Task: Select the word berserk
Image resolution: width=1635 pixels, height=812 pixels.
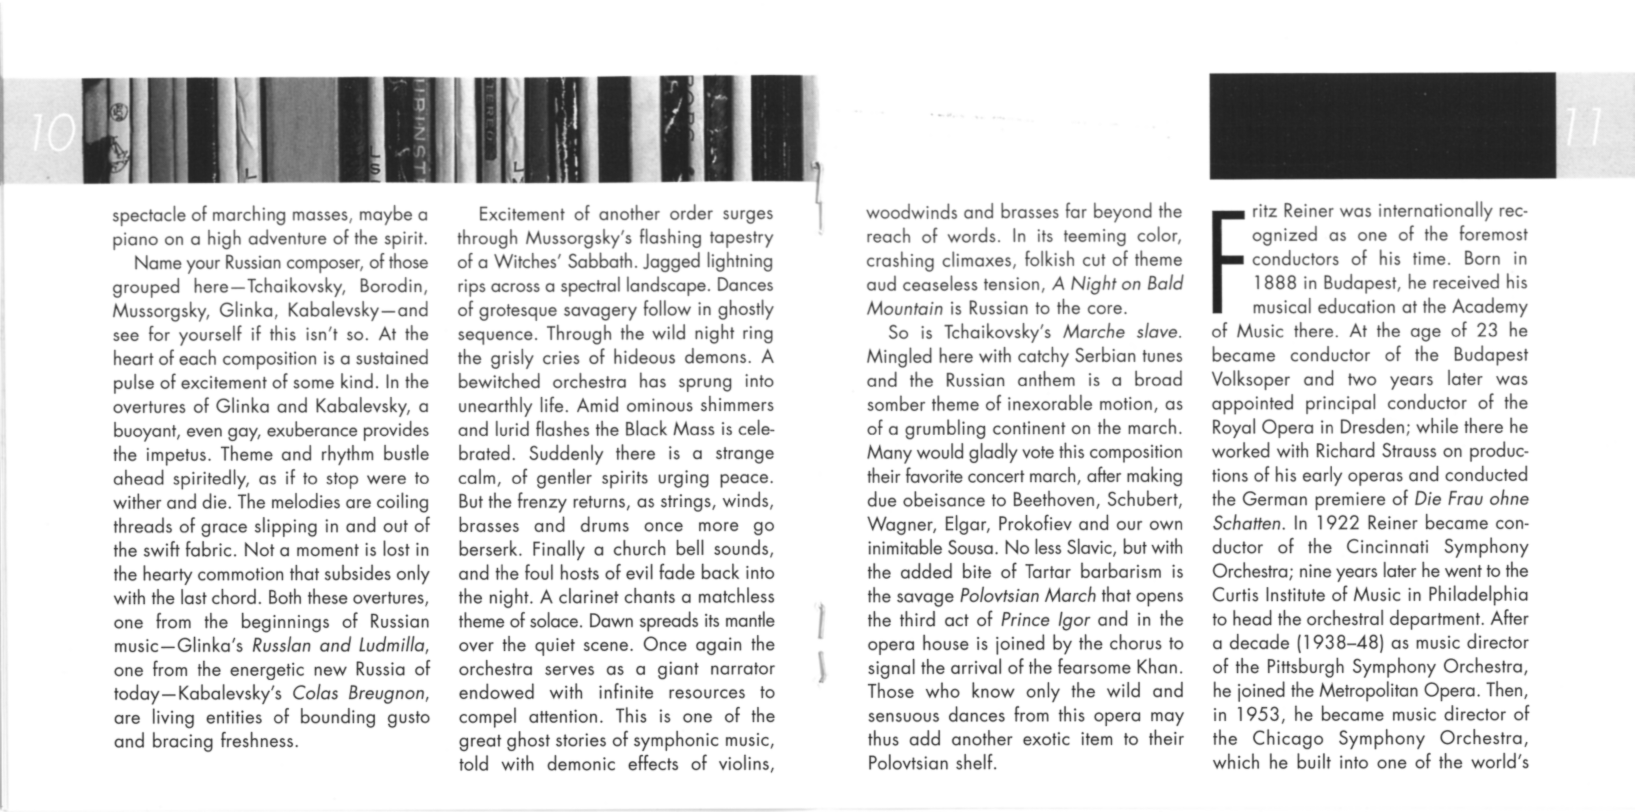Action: (x=489, y=549)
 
